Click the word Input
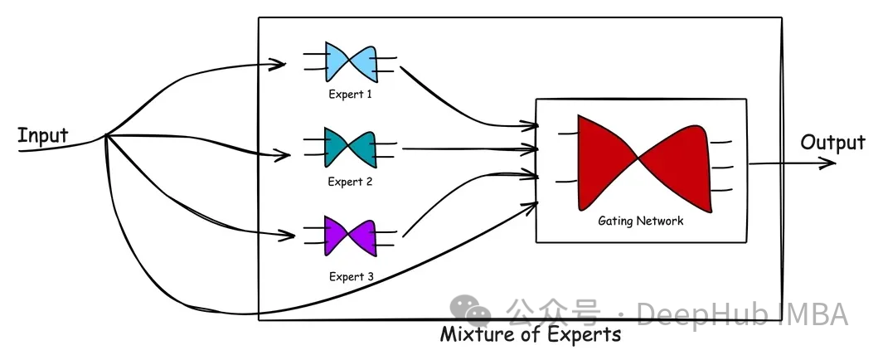click(x=43, y=135)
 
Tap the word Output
click(x=832, y=143)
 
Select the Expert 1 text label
click(x=350, y=95)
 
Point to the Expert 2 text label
click(x=350, y=182)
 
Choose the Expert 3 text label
click(x=350, y=276)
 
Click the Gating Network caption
click(x=640, y=221)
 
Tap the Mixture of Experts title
click(x=530, y=335)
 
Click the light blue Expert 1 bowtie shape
click(x=351, y=61)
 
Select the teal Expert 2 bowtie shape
click(x=351, y=148)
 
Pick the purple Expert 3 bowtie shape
click(x=351, y=236)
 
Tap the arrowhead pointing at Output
click(x=828, y=163)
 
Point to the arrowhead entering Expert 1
click(x=280, y=64)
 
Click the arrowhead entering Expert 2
click(x=284, y=154)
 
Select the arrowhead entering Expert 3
click(x=289, y=236)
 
